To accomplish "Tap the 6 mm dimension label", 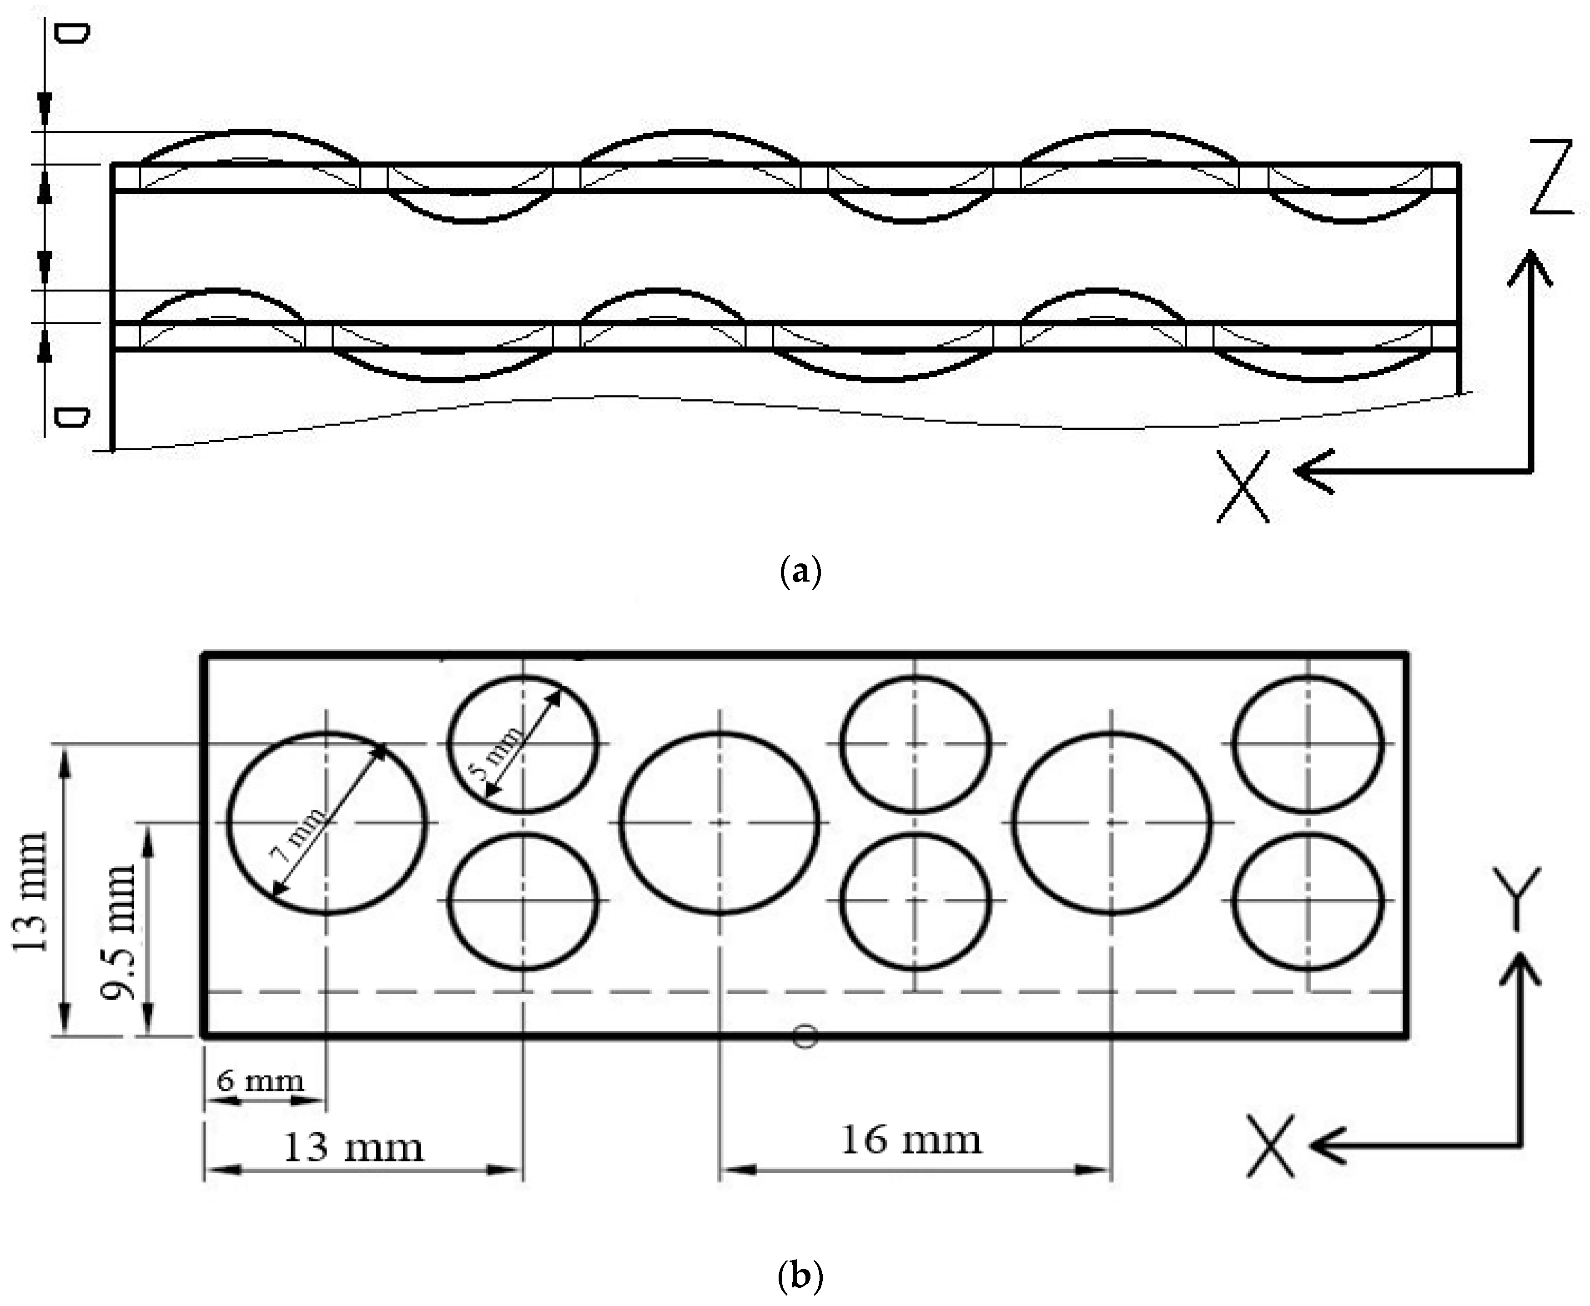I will pyautogui.click(x=260, y=1081).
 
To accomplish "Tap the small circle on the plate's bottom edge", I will pyautogui.click(x=805, y=1037).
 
